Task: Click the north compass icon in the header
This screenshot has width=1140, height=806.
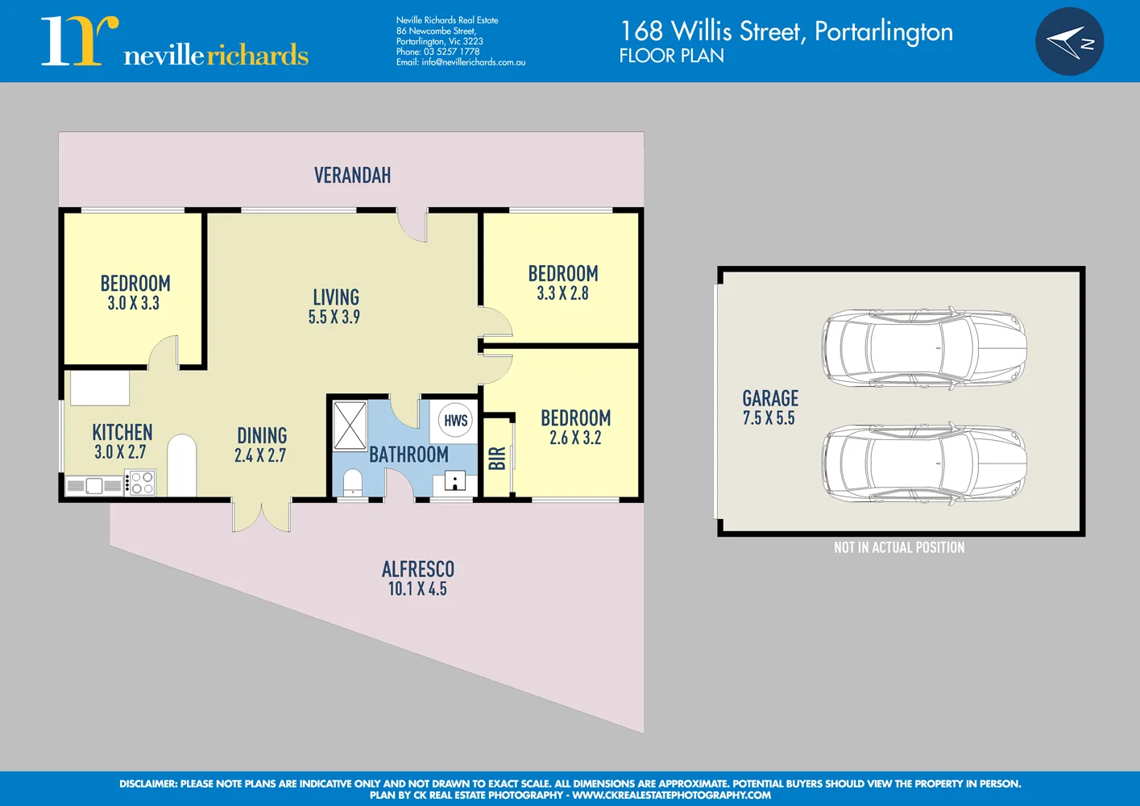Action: [x=1069, y=42]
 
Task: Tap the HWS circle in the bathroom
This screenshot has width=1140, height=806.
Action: [x=455, y=420]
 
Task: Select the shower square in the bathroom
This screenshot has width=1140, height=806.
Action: [x=350, y=425]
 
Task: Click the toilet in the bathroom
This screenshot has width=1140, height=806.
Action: [x=353, y=482]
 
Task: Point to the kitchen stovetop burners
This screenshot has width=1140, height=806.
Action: [x=142, y=482]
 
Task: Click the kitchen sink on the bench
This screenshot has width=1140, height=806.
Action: [x=94, y=485]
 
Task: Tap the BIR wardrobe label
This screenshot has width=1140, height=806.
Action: [x=497, y=458]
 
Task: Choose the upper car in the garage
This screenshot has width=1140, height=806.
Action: [x=924, y=348]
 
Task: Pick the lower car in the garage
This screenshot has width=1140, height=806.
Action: [x=924, y=463]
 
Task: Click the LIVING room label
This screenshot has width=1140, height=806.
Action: [x=336, y=297]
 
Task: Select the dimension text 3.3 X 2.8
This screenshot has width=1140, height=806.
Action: [x=562, y=293]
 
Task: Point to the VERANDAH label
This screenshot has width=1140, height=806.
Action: [x=352, y=175]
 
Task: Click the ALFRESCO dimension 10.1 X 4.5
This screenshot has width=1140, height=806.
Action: [x=417, y=589]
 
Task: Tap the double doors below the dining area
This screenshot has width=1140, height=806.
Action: [x=262, y=516]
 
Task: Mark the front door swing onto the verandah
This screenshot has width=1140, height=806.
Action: [x=413, y=226]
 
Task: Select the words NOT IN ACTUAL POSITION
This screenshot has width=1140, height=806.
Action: [x=899, y=547]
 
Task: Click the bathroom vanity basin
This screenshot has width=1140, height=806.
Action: [x=454, y=482]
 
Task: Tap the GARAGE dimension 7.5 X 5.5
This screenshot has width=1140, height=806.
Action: [x=769, y=418]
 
